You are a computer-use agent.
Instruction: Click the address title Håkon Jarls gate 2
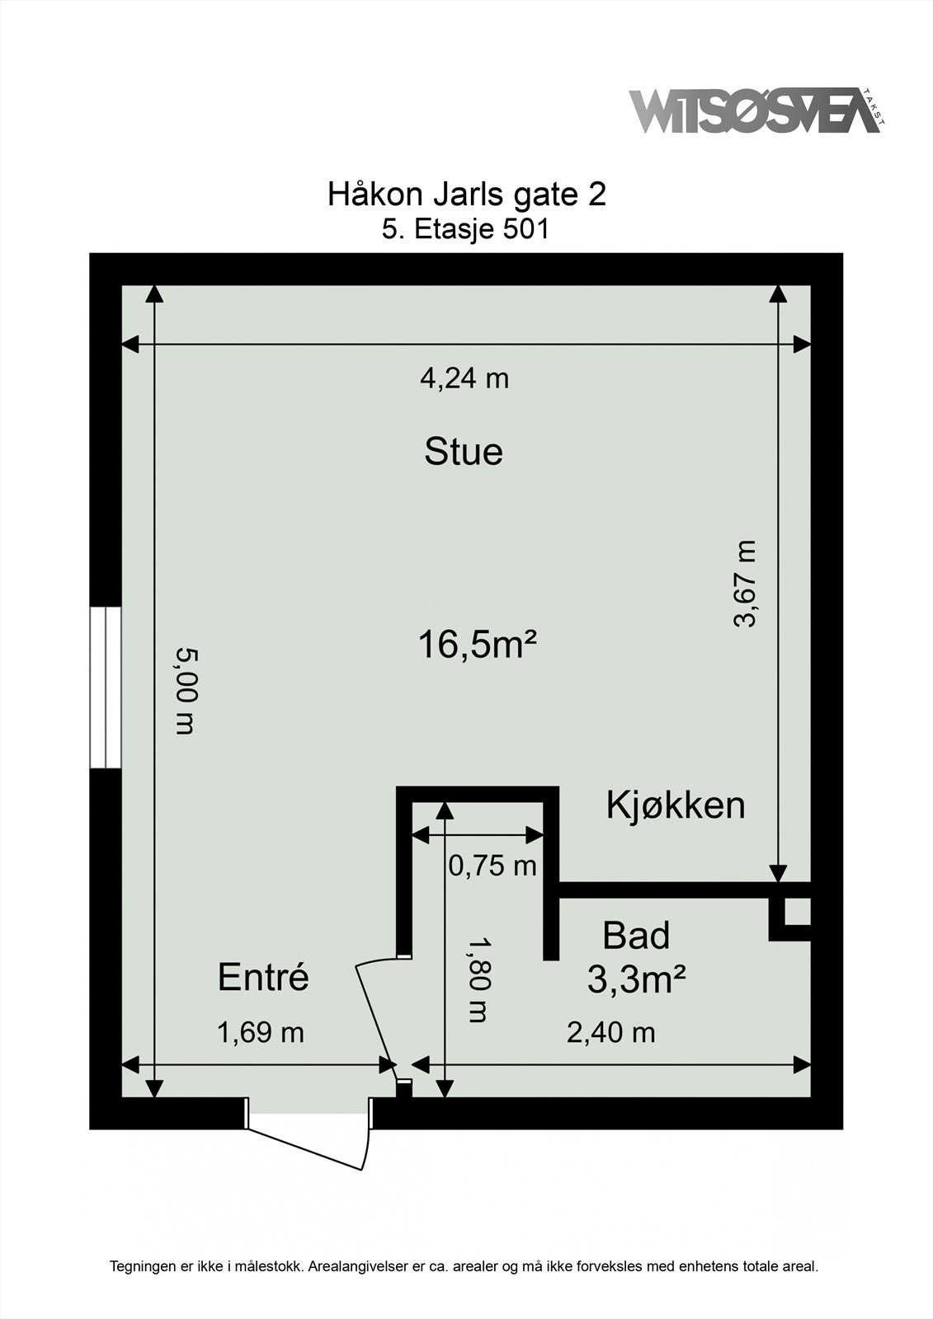click(466, 195)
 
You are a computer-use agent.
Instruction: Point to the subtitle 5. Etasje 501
click(465, 230)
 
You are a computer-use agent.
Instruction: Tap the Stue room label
click(464, 453)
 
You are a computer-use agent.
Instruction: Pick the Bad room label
click(636, 936)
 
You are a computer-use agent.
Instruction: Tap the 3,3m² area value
click(637, 980)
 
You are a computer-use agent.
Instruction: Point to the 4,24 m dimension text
click(464, 378)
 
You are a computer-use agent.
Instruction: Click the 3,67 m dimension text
click(744, 583)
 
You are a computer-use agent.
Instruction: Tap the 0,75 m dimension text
click(492, 866)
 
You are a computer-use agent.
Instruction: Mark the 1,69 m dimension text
click(261, 1032)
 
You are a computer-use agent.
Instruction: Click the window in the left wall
click(106, 688)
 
